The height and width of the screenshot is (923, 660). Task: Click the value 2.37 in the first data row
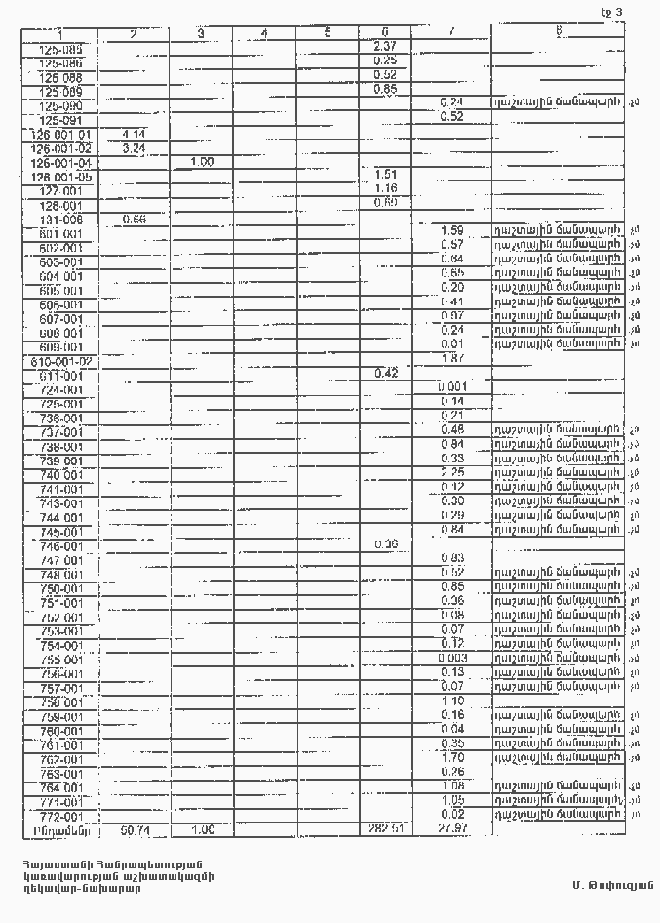point(384,46)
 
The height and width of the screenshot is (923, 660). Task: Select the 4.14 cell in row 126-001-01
point(134,133)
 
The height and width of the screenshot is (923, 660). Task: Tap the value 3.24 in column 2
point(134,147)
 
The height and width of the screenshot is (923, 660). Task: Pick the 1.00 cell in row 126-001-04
point(201,161)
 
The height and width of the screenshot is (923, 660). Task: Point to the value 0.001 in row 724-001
point(451,387)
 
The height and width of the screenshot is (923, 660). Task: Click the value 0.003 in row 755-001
point(451,658)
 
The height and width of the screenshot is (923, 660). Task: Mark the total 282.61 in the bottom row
point(385,829)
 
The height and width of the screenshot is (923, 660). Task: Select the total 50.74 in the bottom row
point(134,830)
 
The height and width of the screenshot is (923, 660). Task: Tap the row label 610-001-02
point(60,361)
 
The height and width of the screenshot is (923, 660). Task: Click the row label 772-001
point(61,816)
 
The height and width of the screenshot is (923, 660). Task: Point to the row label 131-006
point(60,220)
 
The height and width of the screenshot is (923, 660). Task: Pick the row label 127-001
point(60,191)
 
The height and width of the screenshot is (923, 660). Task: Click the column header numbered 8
point(559,32)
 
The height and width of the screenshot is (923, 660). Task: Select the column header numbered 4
point(264,34)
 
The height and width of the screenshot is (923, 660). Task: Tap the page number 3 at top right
point(616,12)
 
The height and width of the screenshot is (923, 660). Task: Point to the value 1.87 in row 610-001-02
point(451,359)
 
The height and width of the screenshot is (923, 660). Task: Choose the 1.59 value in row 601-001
point(451,230)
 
